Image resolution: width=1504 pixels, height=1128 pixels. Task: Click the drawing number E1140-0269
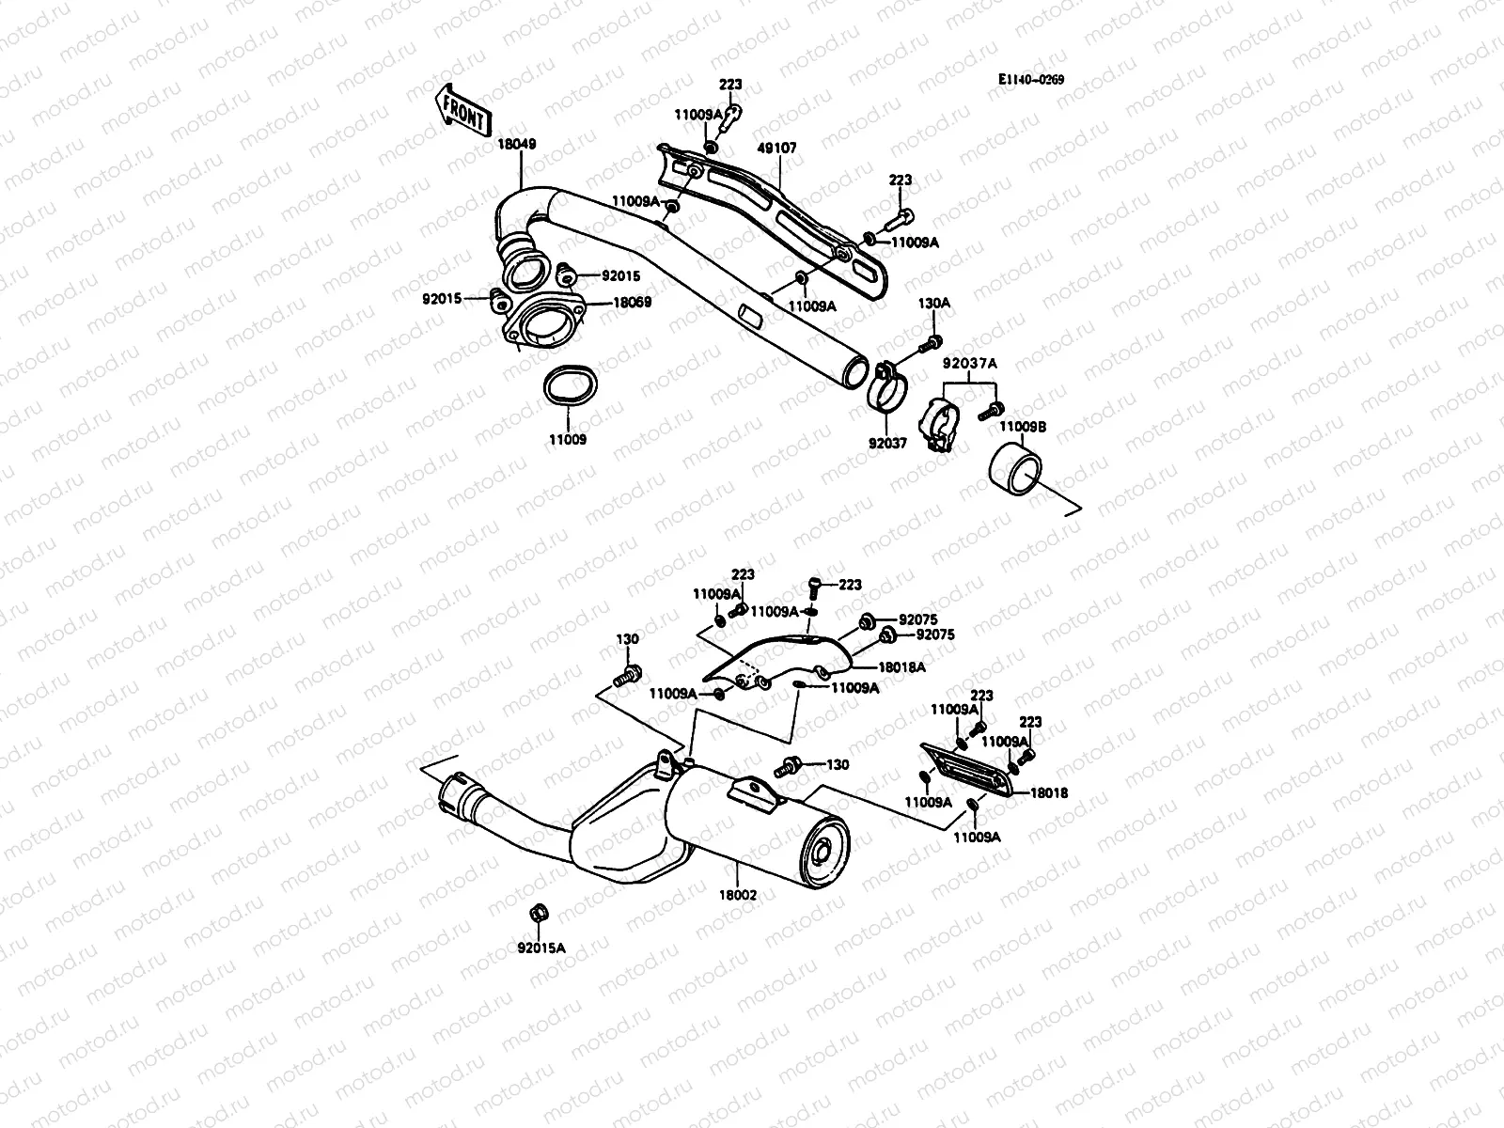pyautogui.click(x=1031, y=81)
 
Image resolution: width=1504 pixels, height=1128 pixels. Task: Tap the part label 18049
pyautogui.click(x=517, y=146)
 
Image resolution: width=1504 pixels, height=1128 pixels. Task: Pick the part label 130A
pyautogui.click(x=934, y=304)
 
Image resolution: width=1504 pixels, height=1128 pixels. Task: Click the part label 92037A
pyautogui.click(x=969, y=363)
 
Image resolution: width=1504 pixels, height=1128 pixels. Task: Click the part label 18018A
pyautogui.click(x=901, y=666)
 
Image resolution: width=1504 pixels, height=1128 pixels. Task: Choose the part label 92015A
pyautogui.click(x=541, y=948)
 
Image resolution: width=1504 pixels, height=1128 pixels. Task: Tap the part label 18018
pyautogui.click(x=1048, y=793)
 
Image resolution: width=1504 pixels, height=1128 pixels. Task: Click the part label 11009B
pyautogui.click(x=1022, y=427)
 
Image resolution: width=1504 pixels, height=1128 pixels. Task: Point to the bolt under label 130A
pyautogui.click(x=934, y=340)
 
